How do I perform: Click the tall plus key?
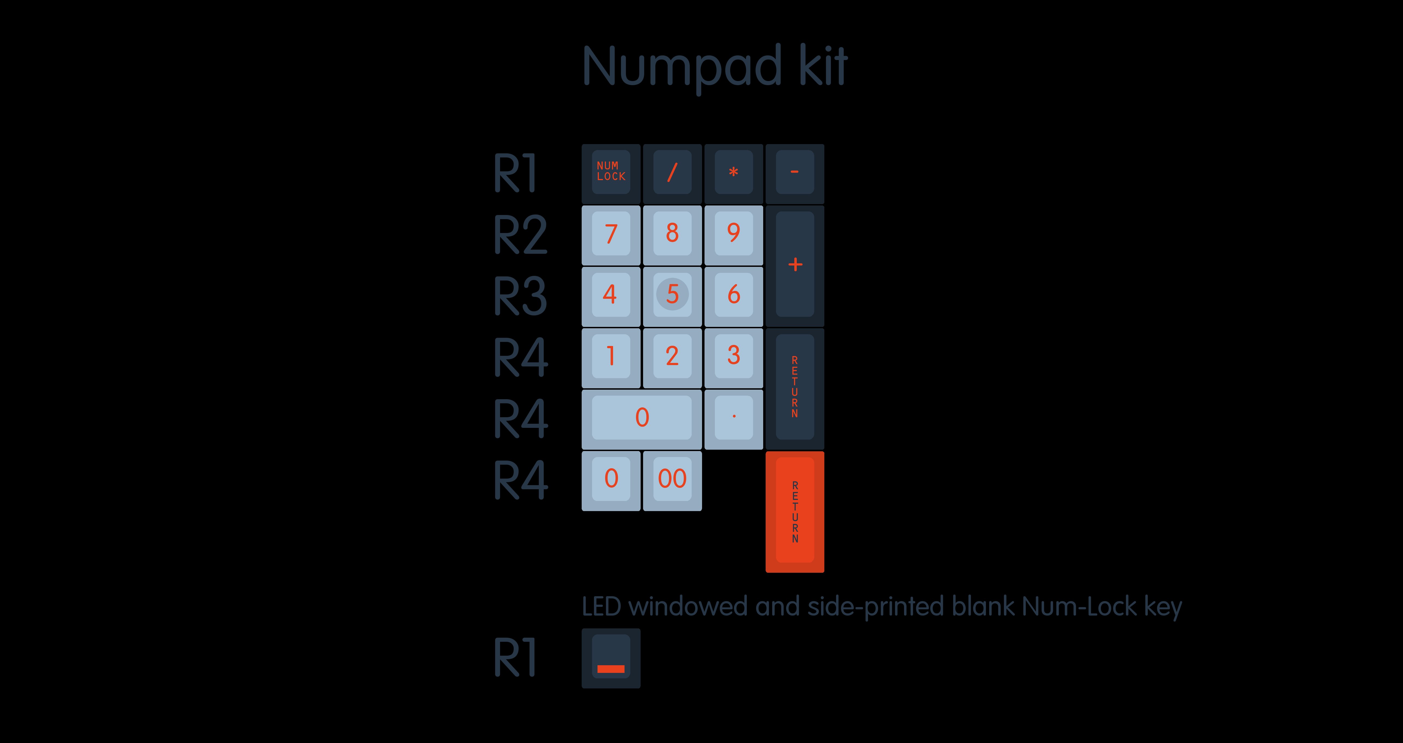point(795,265)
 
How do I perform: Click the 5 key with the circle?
point(672,294)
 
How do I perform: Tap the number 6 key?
point(734,294)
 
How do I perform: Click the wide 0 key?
point(642,417)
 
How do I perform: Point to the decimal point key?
point(734,417)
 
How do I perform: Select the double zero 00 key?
point(672,479)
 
